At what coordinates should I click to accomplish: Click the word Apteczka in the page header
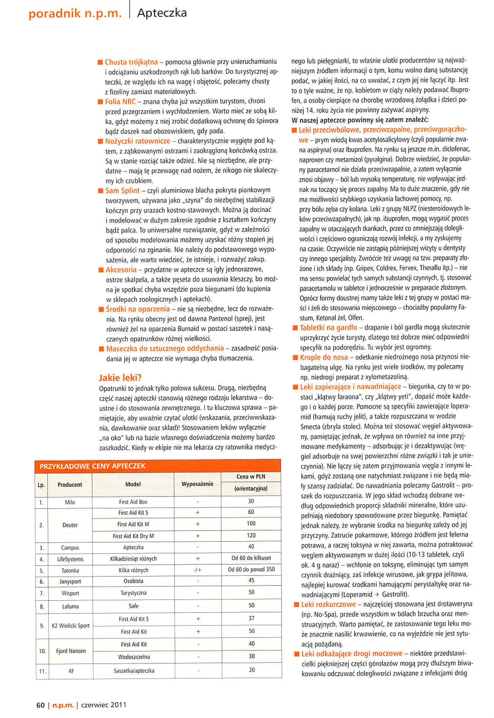[x=162, y=13]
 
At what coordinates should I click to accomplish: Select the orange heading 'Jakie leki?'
[x=120, y=378]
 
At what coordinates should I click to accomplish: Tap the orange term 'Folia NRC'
[x=120, y=101]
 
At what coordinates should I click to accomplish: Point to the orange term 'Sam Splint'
[x=122, y=190]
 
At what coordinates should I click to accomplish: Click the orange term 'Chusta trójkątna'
[x=131, y=62]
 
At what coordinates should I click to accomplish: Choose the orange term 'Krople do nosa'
[x=324, y=357]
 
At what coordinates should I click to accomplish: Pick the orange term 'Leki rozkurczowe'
[x=328, y=604]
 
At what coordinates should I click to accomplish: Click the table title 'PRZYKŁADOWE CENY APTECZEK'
[x=92, y=466]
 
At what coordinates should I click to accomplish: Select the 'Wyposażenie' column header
[x=197, y=484]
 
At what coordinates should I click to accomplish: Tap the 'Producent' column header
[x=70, y=485]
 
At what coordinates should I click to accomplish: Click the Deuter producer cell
[x=70, y=525]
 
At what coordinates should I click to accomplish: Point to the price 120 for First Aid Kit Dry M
[x=251, y=535]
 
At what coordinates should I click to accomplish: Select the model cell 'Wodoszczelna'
[x=134, y=657]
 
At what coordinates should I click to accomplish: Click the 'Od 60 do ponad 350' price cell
[x=251, y=569]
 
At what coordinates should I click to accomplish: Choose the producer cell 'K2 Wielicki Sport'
[x=71, y=626]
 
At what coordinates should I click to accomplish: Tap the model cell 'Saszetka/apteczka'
[x=134, y=671]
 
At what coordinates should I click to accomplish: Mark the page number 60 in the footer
[x=40, y=705]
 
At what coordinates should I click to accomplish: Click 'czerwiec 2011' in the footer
[x=104, y=705]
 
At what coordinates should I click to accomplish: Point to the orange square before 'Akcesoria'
[x=101, y=270]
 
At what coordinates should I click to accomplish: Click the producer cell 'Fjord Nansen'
[x=71, y=651]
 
